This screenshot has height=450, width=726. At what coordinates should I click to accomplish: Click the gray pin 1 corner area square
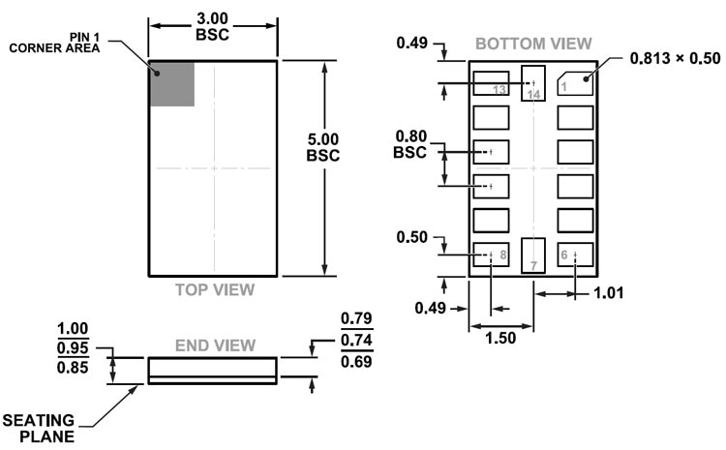point(172,84)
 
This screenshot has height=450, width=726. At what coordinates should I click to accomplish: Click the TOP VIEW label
point(214,289)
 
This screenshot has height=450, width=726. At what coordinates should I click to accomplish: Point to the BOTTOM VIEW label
point(533,44)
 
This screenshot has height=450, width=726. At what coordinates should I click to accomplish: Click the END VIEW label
point(214,345)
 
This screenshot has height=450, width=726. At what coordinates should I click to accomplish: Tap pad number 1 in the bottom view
point(575,84)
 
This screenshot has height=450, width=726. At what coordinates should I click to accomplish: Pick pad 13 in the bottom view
point(492,85)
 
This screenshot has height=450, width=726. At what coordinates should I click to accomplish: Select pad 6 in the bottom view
point(575,255)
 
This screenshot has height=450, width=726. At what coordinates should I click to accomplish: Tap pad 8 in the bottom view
point(492,255)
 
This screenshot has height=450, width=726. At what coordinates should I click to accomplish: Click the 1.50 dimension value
point(500,338)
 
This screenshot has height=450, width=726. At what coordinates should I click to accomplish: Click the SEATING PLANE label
point(42,427)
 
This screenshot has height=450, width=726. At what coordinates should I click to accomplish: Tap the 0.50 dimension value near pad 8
point(413,237)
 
